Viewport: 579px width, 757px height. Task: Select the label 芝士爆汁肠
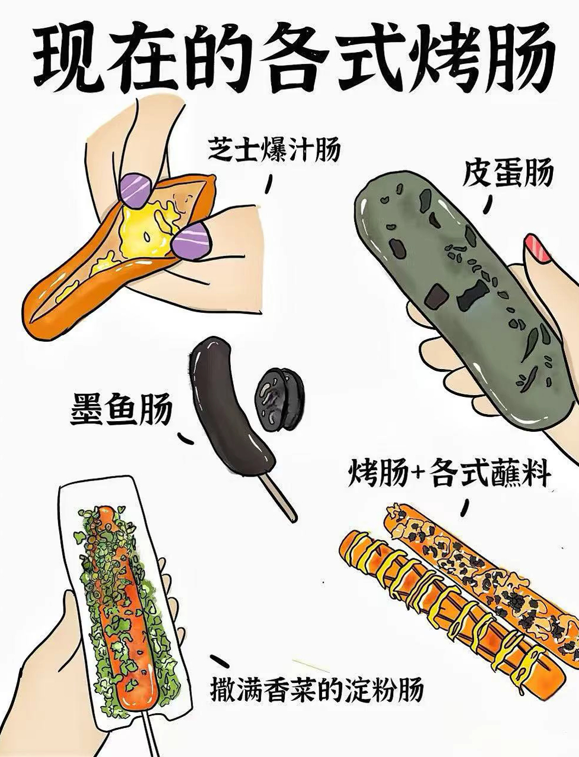pos(274,150)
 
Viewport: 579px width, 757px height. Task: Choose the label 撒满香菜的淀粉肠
pos(317,689)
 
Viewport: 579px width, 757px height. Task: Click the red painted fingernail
pos(538,247)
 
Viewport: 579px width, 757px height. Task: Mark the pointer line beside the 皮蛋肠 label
pos(489,203)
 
